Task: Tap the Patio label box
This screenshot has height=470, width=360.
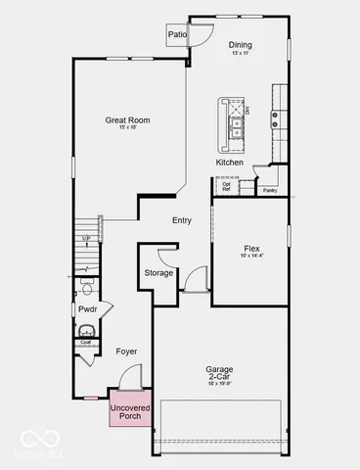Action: click(177, 34)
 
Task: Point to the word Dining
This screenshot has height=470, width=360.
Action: click(241, 45)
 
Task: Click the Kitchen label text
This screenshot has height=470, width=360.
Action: click(230, 162)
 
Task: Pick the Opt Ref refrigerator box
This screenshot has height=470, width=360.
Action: click(226, 184)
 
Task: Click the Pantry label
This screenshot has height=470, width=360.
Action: click(270, 192)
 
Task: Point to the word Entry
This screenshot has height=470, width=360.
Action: click(182, 220)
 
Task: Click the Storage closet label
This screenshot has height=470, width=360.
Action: click(158, 272)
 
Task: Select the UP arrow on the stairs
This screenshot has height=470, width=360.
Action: click(86, 238)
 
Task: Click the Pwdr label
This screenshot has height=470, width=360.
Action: click(87, 309)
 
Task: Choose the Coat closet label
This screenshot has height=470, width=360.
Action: click(86, 343)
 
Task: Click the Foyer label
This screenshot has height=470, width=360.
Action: click(126, 351)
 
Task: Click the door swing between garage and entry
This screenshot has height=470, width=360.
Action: click(197, 278)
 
